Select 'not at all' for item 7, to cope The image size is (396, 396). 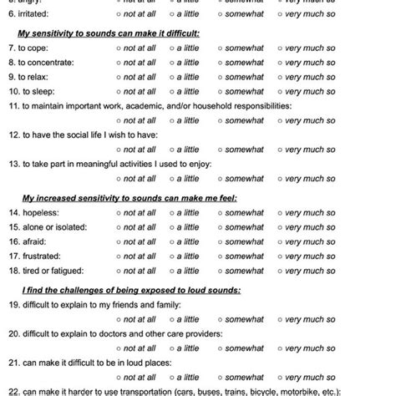click(x=122, y=48)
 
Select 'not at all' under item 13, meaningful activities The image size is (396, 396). click(x=122, y=178)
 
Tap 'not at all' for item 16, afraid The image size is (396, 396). click(x=122, y=241)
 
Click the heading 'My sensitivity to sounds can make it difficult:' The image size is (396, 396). click(x=109, y=33)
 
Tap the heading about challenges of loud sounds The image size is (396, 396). click(x=130, y=290)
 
